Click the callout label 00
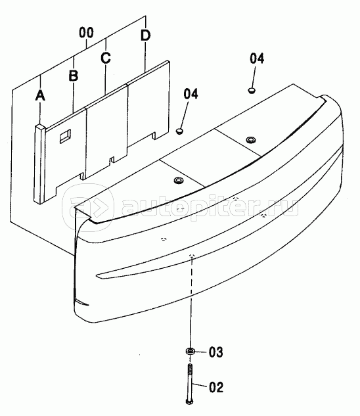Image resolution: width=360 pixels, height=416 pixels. (x=87, y=33)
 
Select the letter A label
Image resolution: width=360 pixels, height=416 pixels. (x=40, y=95)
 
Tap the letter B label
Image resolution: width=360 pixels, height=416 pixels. (x=74, y=76)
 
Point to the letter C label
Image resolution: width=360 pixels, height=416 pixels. (x=106, y=58)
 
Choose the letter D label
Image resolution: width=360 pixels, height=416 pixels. (x=145, y=35)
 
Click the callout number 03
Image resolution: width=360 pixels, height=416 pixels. (x=215, y=352)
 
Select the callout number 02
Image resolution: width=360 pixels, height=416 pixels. (x=216, y=387)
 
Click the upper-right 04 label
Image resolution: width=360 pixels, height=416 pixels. (x=257, y=58)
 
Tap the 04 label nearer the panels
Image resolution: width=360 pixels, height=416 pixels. (x=191, y=94)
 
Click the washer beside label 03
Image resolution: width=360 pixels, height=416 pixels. (x=191, y=352)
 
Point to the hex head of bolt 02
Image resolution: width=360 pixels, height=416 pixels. (x=190, y=402)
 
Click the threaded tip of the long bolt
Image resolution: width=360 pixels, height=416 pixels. (x=190, y=368)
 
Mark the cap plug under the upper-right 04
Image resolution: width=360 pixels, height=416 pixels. (x=252, y=90)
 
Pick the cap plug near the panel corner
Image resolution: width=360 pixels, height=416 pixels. (x=180, y=131)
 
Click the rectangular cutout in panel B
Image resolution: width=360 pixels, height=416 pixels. (x=65, y=136)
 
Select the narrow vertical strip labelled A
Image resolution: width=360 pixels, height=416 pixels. (x=40, y=164)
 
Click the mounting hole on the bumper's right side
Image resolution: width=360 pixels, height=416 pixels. (x=250, y=139)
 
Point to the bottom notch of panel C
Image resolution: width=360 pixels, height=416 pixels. (x=112, y=160)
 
